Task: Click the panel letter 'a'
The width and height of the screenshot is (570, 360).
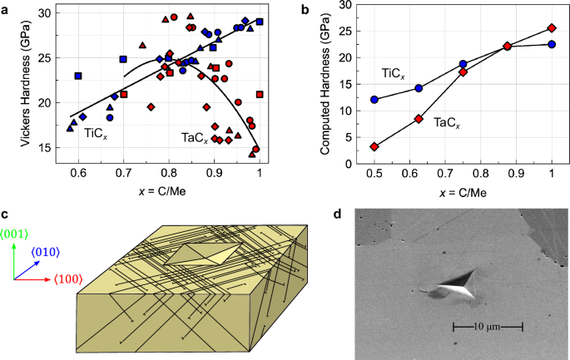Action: (x=6, y=9)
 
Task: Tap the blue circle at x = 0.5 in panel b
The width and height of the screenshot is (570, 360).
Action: (x=374, y=99)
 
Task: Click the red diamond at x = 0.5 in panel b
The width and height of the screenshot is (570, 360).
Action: (x=374, y=146)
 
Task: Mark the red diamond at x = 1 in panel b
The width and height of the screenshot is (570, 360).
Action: (x=552, y=27)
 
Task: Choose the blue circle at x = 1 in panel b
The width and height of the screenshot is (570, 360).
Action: (x=552, y=44)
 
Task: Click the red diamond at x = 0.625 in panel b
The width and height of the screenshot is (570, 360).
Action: (x=419, y=118)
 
